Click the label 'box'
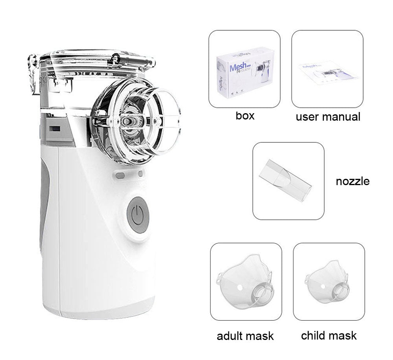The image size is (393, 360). (x=245, y=116)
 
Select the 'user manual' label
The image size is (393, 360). (x=328, y=117)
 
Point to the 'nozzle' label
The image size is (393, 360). (x=353, y=181)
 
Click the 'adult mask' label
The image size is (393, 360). (x=245, y=336)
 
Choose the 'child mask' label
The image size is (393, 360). (x=329, y=336)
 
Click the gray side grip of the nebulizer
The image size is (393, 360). (x=44, y=197)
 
